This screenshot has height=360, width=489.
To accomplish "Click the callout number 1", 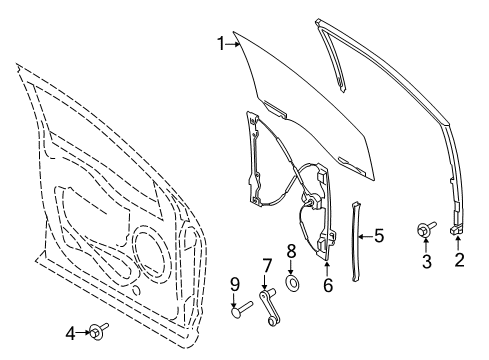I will (x=221, y=42).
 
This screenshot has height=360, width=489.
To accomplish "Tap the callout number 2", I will (x=460, y=262).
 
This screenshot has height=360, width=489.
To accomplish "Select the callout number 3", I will (x=426, y=262).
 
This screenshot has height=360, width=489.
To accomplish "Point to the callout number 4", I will (x=71, y=331).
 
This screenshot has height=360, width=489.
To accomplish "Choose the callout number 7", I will (x=267, y=267).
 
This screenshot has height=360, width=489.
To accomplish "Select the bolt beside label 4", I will (x=96, y=331).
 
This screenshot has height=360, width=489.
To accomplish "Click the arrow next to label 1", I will (x=234, y=42).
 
